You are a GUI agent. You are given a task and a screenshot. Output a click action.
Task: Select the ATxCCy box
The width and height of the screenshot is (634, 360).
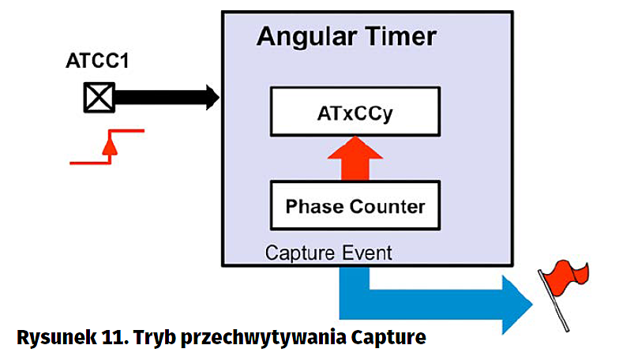[355, 111]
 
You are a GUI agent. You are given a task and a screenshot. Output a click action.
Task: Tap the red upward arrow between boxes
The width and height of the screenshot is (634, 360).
[355, 157]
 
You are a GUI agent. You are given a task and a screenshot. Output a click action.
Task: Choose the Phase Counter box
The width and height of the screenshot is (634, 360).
[355, 206]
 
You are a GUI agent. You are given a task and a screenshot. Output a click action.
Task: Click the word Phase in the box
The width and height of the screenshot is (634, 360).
[313, 207]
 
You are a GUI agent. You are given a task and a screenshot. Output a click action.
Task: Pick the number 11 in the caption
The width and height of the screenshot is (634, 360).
[108, 337]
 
